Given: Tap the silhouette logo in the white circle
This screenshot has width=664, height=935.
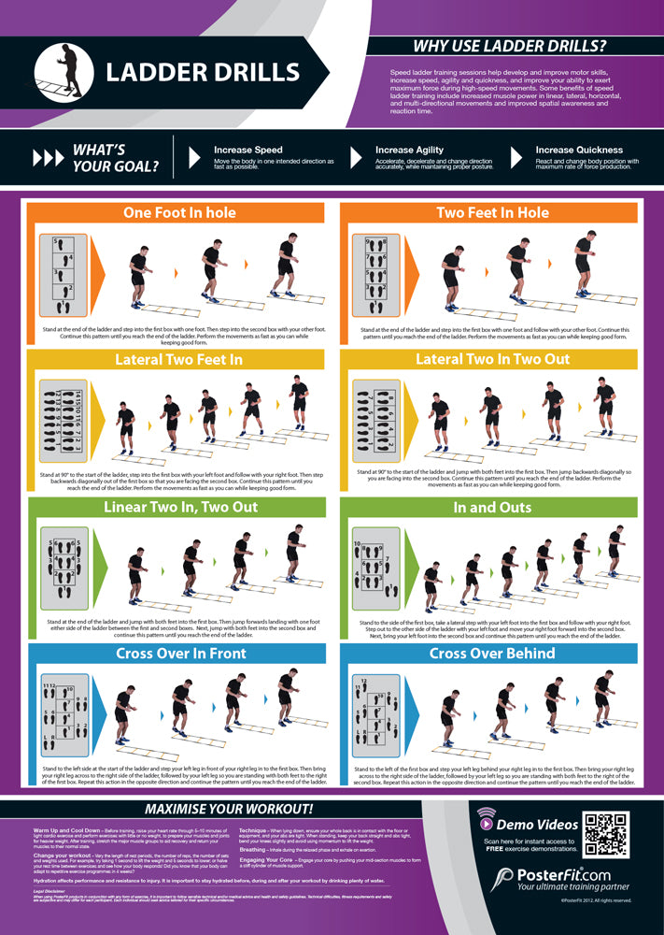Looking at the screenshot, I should [x=68, y=73].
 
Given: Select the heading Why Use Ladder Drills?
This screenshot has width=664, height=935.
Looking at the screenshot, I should [x=509, y=46].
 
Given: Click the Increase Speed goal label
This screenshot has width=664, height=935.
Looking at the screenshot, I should [x=247, y=150].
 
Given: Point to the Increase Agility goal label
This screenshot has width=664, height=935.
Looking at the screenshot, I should [x=409, y=150].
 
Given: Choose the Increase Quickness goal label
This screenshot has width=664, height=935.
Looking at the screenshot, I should [x=579, y=150].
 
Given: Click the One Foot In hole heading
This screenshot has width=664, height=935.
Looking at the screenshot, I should [x=179, y=212].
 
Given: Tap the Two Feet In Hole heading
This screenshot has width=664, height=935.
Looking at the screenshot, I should [x=492, y=212].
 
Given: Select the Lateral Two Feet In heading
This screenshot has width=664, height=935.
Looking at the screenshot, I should [x=179, y=359].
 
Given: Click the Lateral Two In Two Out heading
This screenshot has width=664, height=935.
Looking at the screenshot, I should [x=492, y=359].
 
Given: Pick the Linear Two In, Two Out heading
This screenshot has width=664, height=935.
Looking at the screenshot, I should [x=179, y=507].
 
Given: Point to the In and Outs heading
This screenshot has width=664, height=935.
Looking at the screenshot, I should [x=492, y=507].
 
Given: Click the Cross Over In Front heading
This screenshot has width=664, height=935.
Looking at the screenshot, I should [x=179, y=654].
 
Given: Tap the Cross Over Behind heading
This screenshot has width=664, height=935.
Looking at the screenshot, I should [x=492, y=654].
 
